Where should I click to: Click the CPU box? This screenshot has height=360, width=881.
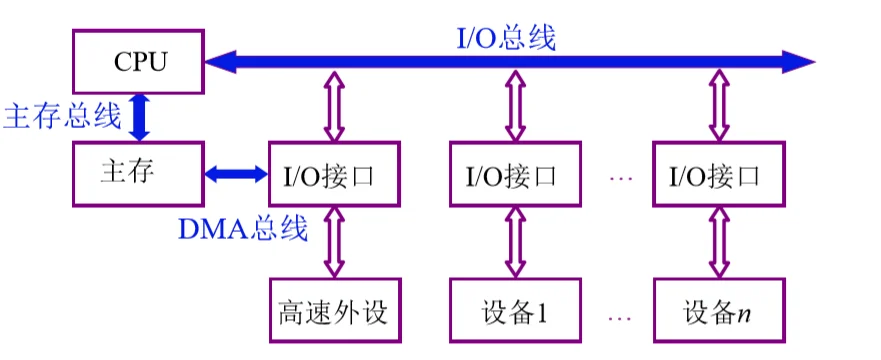(138, 60)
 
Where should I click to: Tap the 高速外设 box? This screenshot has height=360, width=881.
(334, 311)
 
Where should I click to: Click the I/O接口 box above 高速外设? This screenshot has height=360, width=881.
(334, 175)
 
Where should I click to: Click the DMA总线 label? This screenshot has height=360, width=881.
(244, 229)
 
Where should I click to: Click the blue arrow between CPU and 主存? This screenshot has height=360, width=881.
(140, 116)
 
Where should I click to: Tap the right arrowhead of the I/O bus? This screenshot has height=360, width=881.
(800, 62)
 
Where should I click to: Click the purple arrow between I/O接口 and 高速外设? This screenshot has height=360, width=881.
(334, 242)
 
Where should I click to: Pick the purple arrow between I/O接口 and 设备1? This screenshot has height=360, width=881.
(515, 242)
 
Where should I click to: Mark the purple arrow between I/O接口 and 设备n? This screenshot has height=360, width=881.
(718, 242)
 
